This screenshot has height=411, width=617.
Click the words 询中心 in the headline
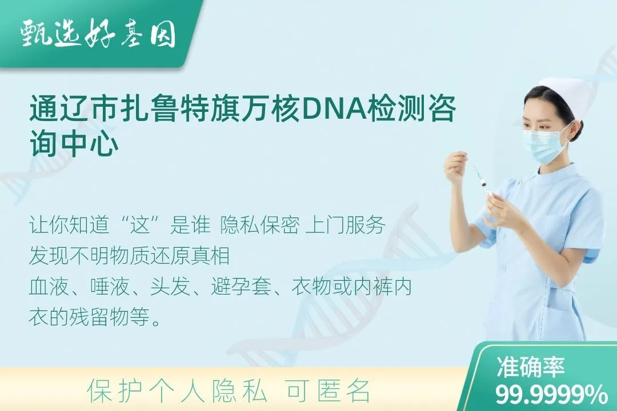coord(74,144)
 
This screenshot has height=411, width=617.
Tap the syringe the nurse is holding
coord(481,182)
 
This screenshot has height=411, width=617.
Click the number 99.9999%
coord(551,394)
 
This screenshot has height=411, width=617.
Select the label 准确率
coord(530,368)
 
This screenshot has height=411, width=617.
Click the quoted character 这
coord(141,225)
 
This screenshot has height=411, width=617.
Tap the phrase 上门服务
coord(345,225)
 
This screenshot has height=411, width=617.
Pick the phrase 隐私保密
coord(260,225)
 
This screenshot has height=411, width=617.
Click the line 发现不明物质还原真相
coord(129,256)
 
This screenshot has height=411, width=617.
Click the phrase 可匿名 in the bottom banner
coord(328,392)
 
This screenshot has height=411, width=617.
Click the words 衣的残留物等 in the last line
coord(89,317)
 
